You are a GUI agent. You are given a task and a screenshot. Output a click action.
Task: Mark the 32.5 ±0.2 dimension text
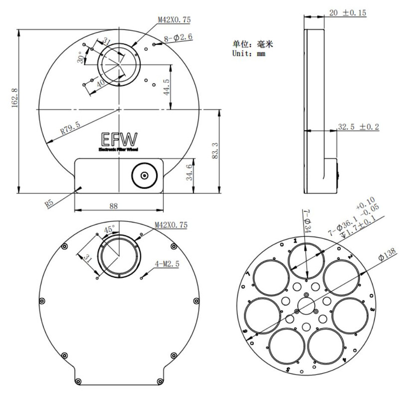tap(358, 127)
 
